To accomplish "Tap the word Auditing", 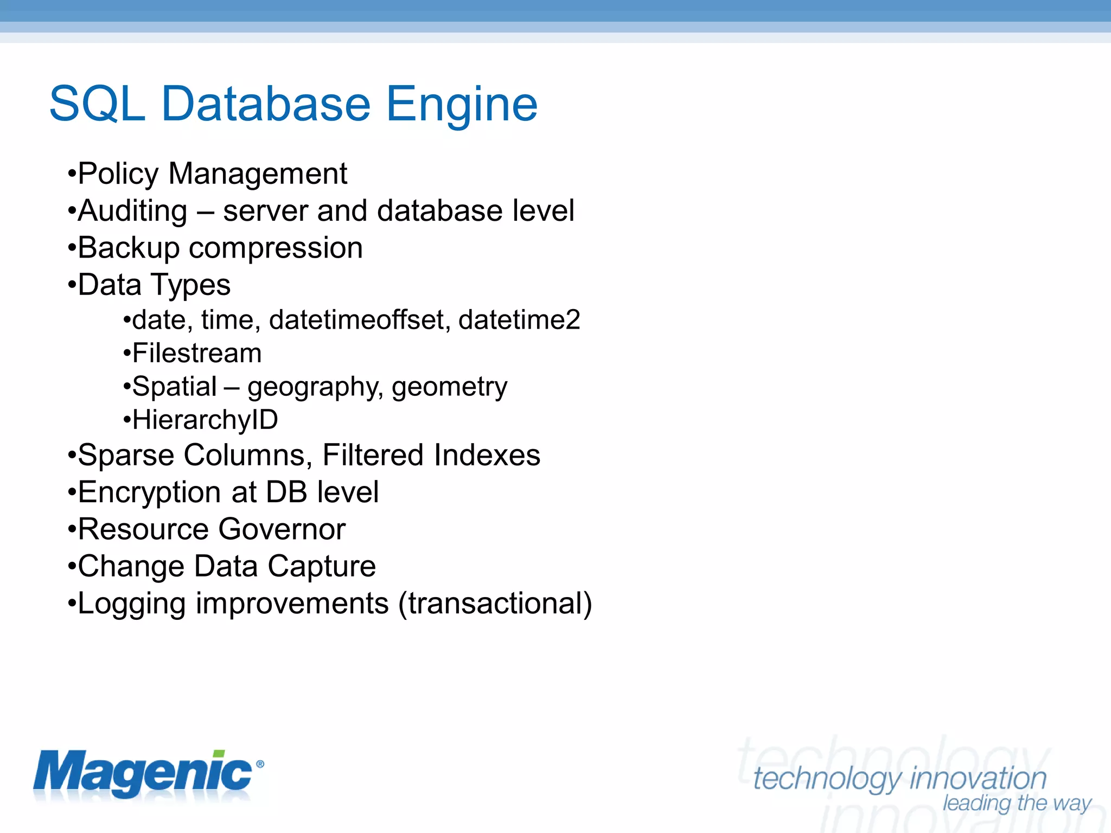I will [x=133, y=211].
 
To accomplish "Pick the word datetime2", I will [x=519, y=319].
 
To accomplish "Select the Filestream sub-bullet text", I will [x=197, y=353].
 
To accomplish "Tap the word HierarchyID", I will [x=205, y=420].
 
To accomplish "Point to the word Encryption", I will [x=150, y=492].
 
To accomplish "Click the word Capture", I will [x=322, y=566].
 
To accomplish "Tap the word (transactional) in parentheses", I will [x=495, y=604].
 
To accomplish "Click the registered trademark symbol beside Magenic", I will [x=260, y=764].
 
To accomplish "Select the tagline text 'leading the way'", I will [x=1017, y=803].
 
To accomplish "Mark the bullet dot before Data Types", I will [x=71, y=285].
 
